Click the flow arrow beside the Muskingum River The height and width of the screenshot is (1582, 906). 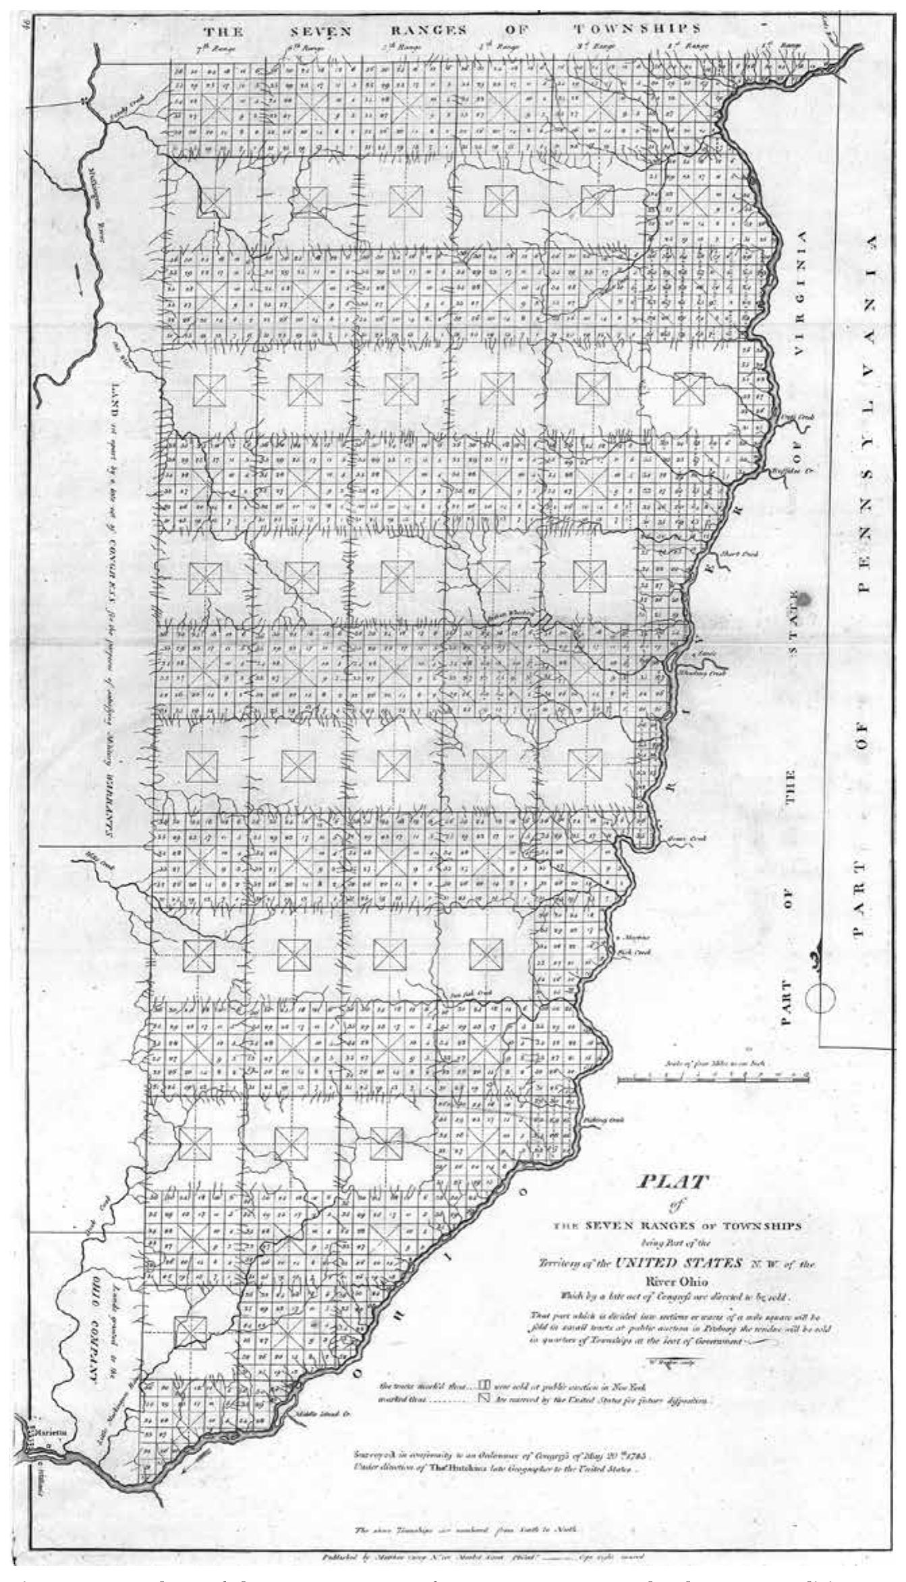click(x=82, y=277)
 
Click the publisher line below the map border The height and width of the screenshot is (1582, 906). click(x=472, y=1557)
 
